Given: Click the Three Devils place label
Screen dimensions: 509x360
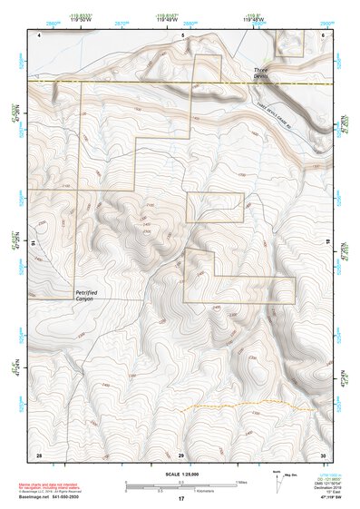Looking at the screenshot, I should [262, 72].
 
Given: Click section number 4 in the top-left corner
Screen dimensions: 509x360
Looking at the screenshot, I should [40, 34].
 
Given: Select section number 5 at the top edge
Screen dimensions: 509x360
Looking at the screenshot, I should [182, 34].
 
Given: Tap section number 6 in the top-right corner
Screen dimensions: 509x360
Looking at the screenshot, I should [323, 34].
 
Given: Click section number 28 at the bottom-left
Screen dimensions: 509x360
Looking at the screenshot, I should [39, 454].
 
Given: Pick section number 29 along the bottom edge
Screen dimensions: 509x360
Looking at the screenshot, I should [181, 454].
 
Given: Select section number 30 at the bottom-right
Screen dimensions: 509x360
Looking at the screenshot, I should [322, 454].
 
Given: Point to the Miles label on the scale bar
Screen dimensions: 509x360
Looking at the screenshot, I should [240, 481].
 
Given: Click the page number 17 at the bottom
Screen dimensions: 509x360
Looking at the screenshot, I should [181, 499].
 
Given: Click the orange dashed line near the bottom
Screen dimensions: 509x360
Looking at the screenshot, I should [227, 403].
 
